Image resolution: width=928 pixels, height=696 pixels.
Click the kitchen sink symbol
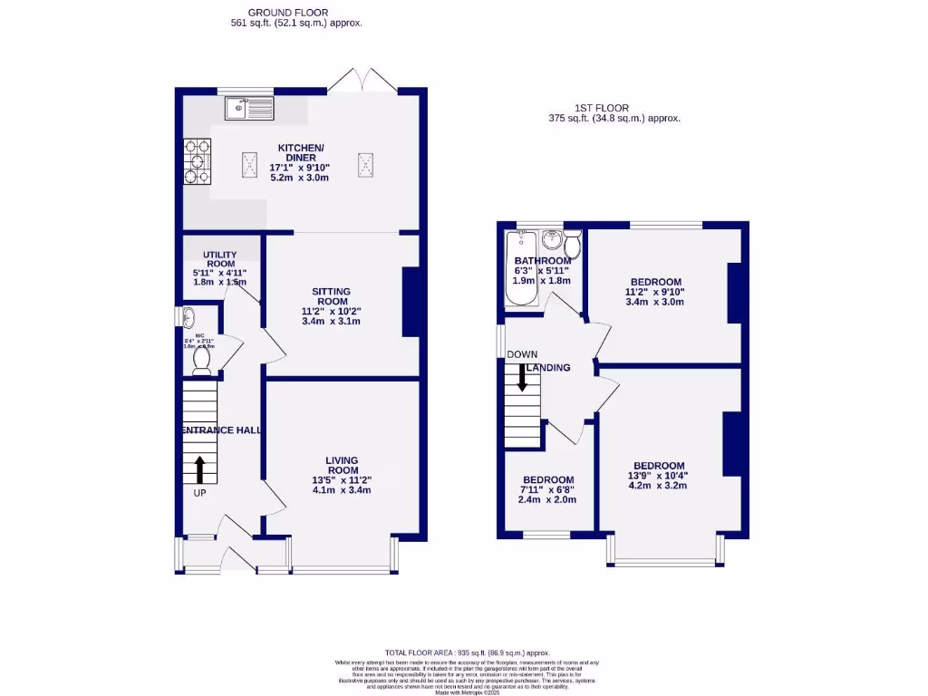pyautogui.click(x=248, y=109)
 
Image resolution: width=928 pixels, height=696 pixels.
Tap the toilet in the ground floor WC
pyautogui.click(x=200, y=359)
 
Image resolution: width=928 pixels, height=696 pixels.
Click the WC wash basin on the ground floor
pyautogui.click(x=188, y=318)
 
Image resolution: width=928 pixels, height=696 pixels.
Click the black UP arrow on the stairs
pyautogui.click(x=199, y=469)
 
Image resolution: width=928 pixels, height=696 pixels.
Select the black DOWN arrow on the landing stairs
pyautogui.click(x=522, y=376)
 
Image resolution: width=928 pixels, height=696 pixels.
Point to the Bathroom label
pyautogui.click(x=543, y=261)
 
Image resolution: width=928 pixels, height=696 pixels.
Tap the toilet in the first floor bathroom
pyautogui.click(x=572, y=245)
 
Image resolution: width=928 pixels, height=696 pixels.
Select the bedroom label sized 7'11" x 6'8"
pyautogui.click(x=547, y=480)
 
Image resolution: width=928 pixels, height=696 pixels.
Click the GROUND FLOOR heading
pyautogui.click(x=296, y=12)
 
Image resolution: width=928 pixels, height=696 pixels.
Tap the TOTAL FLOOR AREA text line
pyautogui.click(x=467, y=652)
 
